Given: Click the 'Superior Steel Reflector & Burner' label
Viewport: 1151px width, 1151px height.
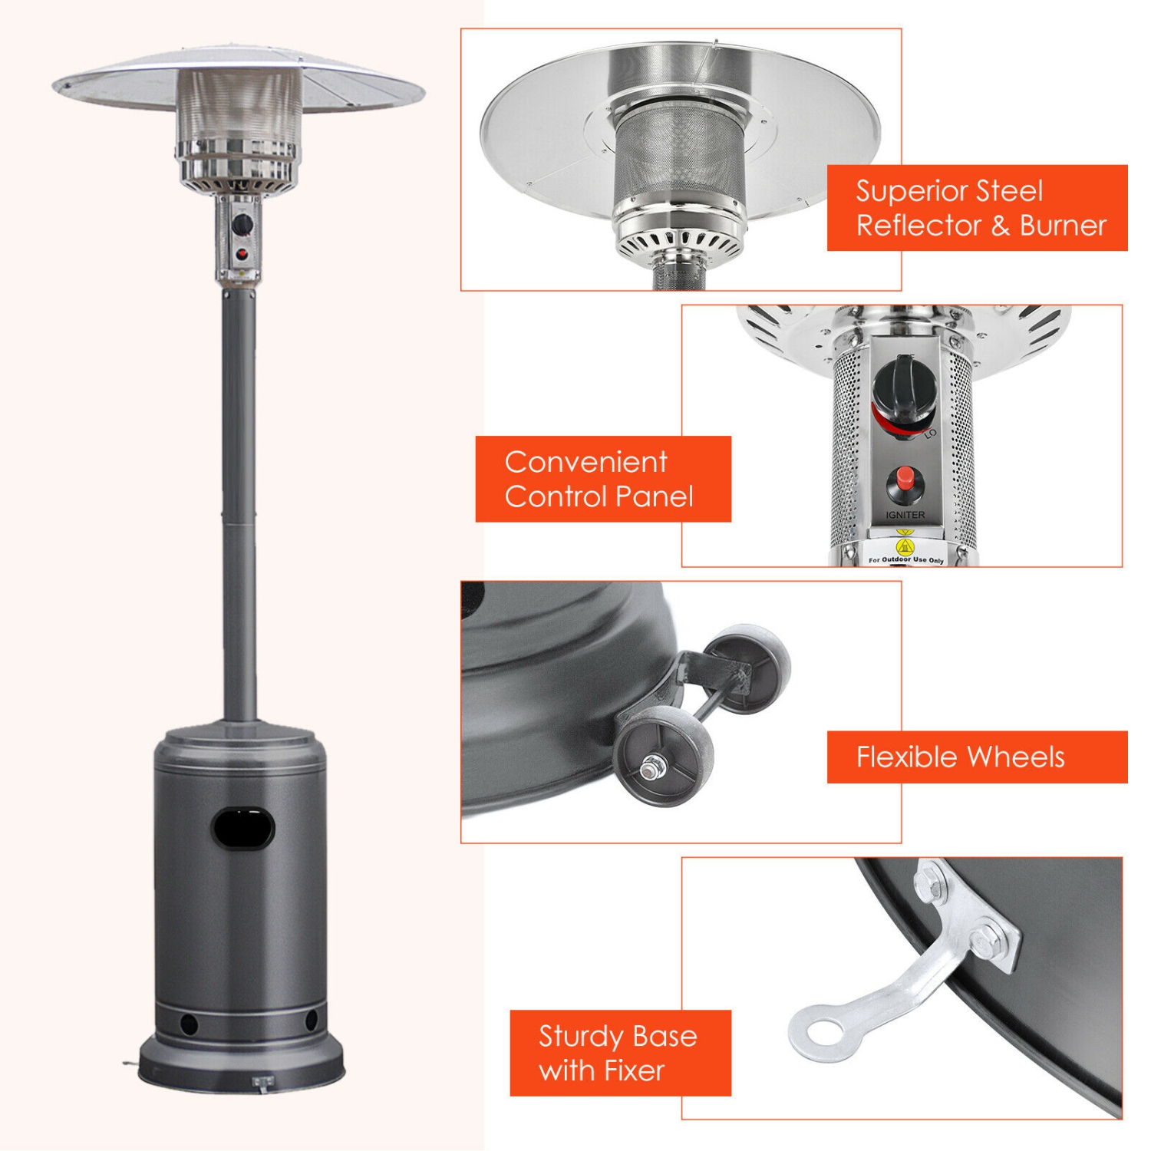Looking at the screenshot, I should (977, 208).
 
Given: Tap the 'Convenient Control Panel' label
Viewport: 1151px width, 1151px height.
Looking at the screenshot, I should (603, 479).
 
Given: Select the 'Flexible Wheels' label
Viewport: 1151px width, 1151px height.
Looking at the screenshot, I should (977, 757).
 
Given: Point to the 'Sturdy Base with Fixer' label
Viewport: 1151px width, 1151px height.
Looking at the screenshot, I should (620, 1053).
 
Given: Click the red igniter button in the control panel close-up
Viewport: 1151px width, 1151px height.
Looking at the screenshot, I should (906, 479).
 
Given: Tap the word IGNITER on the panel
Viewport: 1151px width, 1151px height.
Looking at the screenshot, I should (905, 515).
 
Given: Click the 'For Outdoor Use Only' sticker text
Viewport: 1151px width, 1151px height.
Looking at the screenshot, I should (906, 560).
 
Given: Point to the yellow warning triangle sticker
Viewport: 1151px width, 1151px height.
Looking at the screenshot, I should (905, 546).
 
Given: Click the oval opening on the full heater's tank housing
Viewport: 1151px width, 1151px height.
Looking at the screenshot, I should (243, 829).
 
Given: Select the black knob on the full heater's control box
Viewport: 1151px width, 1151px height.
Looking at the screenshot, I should (243, 225).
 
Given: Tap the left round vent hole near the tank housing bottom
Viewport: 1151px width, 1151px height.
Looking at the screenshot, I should (188, 1024).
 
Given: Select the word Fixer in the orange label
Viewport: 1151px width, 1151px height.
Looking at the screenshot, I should (633, 1070).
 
